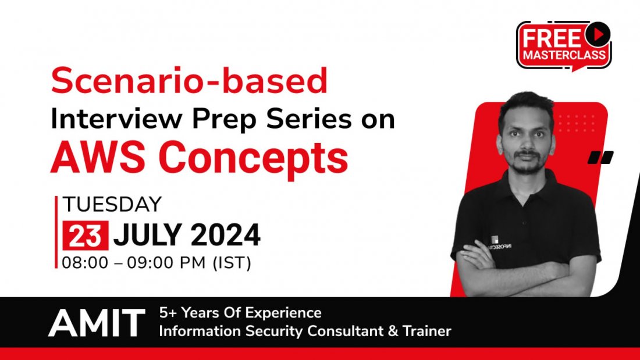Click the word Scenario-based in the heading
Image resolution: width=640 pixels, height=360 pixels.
point(189,81)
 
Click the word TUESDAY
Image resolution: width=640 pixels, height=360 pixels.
point(112,204)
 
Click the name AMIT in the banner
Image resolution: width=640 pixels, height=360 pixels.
point(97,323)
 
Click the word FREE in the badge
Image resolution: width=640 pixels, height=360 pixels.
point(551,38)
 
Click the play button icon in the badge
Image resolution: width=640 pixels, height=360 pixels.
point(596,35)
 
